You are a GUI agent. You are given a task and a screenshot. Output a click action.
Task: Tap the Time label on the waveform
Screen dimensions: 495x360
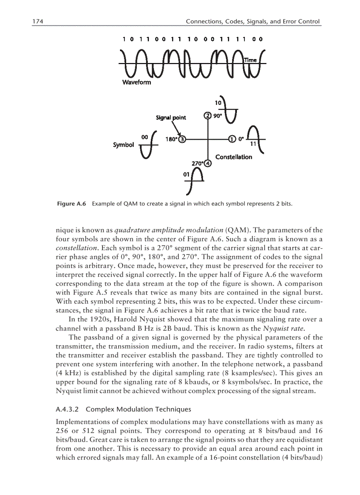coord(250,60)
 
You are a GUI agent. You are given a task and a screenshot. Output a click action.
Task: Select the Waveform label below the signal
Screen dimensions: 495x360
coord(136,82)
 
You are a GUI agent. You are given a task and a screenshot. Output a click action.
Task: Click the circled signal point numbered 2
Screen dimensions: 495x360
coord(208,116)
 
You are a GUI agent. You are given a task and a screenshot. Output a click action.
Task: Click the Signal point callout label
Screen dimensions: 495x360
coord(171,117)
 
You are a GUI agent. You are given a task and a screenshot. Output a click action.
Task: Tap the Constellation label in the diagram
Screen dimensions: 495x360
coord(233,157)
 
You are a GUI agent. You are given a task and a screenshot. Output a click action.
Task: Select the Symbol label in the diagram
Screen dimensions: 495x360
coord(123,145)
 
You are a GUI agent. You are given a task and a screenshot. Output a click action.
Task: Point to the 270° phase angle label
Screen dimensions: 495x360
coord(197,164)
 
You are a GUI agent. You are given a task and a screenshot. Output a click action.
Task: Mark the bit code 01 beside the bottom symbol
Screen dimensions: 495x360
coord(186,175)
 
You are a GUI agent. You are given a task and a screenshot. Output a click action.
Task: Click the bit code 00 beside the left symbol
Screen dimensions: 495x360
coord(144,137)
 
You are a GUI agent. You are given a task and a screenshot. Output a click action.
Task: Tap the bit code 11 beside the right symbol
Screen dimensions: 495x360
coord(253,144)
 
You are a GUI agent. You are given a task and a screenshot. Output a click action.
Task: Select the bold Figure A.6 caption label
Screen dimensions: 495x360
coord(71,204)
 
